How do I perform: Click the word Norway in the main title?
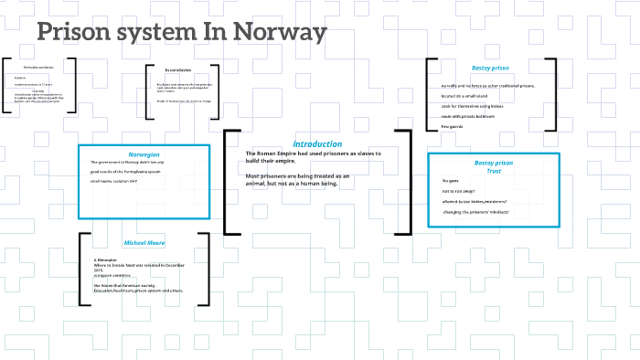tap(280, 34)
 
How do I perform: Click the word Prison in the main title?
tap(74, 34)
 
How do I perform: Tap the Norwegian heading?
tap(144, 154)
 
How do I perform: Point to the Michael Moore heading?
tap(144, 243)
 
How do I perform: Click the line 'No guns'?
tap(450, 181)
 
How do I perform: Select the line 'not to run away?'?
tap(461, 191)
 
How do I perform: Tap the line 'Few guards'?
tap(453, 126)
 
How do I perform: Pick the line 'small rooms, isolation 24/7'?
tap(113, 181)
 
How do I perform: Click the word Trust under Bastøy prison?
tap(494, 171)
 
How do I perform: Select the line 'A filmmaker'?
tap(107, 259)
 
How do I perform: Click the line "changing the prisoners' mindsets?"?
tap(475, 211)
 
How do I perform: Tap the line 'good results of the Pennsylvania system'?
tap(127, 171)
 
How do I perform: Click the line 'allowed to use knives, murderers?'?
tap(475, 201)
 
